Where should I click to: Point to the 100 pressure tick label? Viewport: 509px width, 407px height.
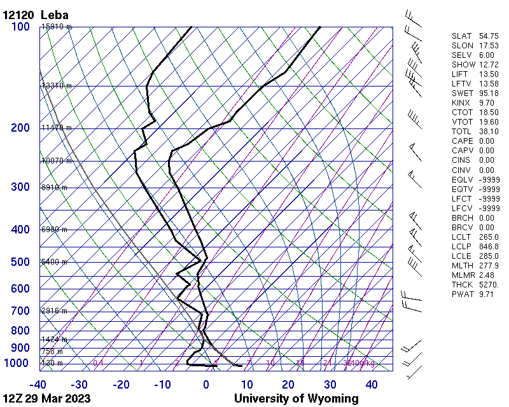(x=20, y=27)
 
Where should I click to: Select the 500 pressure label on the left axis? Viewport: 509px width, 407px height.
(x=20, y=262)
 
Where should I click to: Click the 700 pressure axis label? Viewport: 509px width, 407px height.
(x=20, y=311)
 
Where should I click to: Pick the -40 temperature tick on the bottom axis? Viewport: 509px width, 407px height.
(x=38, y=384)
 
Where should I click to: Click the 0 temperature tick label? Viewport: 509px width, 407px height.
(x=206, y=384)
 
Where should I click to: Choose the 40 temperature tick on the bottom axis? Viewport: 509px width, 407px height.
(x=371, y=384)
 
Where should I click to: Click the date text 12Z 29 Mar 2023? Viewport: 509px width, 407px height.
(x=46, y=399)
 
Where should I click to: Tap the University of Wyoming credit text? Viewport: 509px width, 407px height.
(x=296, y=399)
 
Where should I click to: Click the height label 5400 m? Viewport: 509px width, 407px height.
(x=54, y=262)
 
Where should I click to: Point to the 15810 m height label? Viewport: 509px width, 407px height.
(x=57, y=27)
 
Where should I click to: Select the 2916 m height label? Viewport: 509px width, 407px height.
(x=54, y=311)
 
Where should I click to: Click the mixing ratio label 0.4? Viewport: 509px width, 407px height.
(x=98, y=363)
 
